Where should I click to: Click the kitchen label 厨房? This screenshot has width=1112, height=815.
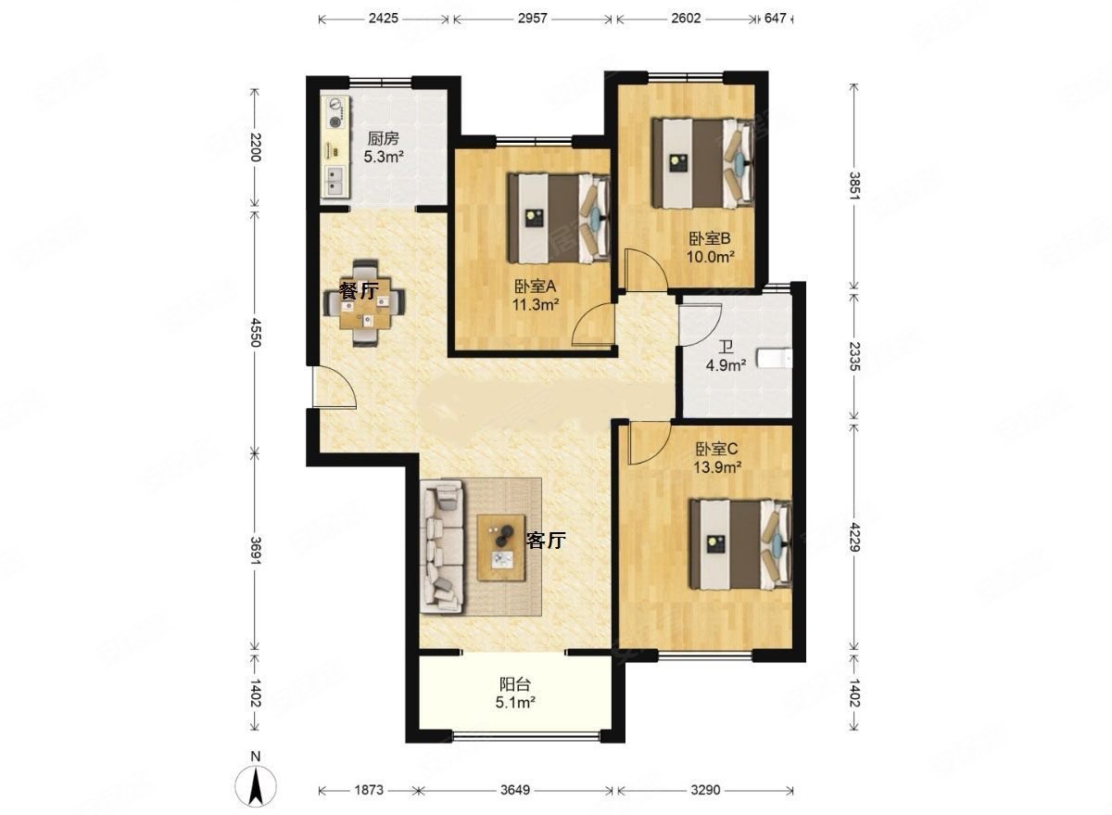383,138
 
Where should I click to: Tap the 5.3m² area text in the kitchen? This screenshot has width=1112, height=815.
384,157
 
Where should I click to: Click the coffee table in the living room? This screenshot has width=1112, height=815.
501,547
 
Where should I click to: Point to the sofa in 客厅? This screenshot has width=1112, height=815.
442,546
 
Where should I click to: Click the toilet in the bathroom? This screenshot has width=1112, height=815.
774,359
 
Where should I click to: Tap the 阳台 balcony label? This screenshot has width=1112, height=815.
515,685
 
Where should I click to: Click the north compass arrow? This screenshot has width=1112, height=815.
256,785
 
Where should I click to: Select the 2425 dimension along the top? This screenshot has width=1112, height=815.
384,19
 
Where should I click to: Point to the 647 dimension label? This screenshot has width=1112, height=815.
775,19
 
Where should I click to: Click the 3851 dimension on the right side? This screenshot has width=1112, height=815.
853,185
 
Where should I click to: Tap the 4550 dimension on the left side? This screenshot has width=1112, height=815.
255,332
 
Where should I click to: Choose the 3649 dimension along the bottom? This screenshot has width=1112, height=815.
515,790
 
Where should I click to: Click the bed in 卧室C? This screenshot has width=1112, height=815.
740,545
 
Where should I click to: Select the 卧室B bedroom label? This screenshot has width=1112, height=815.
710,239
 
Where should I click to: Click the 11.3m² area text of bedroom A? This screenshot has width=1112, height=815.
536,304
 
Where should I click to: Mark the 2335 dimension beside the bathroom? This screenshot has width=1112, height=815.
853,356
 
